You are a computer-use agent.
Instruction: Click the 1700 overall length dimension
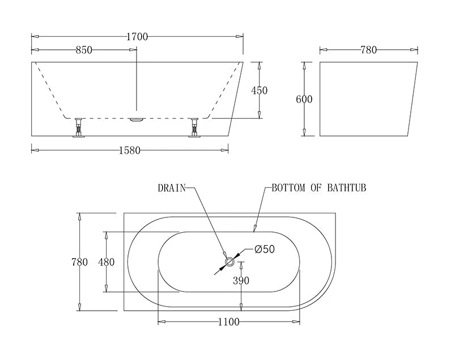click(137, 37)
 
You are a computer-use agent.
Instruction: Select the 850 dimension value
click(84, 50)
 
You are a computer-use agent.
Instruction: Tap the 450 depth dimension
click(259, 91)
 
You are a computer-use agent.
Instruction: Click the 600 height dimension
click(304, 100)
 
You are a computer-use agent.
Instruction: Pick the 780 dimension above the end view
click(368, 50)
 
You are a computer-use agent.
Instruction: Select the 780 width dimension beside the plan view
click(79, 262)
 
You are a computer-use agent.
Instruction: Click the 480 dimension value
click(106, 262)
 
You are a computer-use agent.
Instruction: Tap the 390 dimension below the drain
click(241, 280)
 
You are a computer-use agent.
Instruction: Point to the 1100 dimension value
click(228, 322)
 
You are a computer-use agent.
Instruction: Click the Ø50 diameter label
click(264, 249)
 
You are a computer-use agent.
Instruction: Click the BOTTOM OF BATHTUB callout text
click(318, 188)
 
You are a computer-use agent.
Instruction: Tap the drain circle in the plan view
click(230, 262)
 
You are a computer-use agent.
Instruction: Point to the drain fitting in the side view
click(137, 119)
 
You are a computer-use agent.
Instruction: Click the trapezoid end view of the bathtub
click(367, 99)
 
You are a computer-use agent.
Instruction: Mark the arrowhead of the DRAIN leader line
click(226, 256)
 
